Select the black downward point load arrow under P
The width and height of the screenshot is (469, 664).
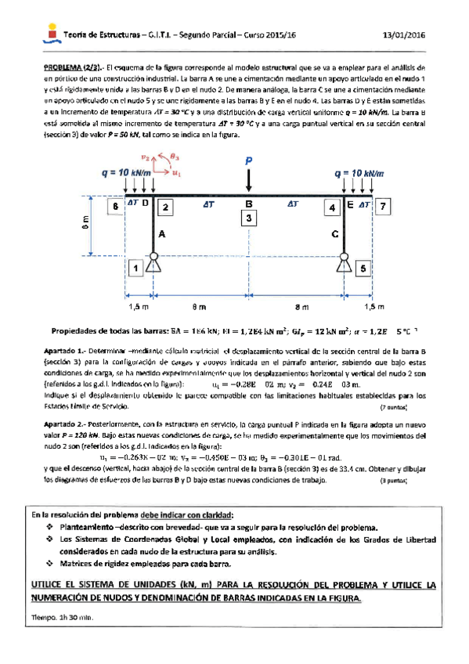pos(249,179)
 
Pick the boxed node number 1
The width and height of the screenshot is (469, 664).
pos(135,269)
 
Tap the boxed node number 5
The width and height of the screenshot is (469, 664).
pos(362,269)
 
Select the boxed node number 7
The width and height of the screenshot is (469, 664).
pos(381,207)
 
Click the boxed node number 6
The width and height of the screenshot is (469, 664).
pos(115,207)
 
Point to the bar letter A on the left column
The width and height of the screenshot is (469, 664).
pos(161,233)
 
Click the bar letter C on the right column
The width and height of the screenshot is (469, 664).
pos(335,233)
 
